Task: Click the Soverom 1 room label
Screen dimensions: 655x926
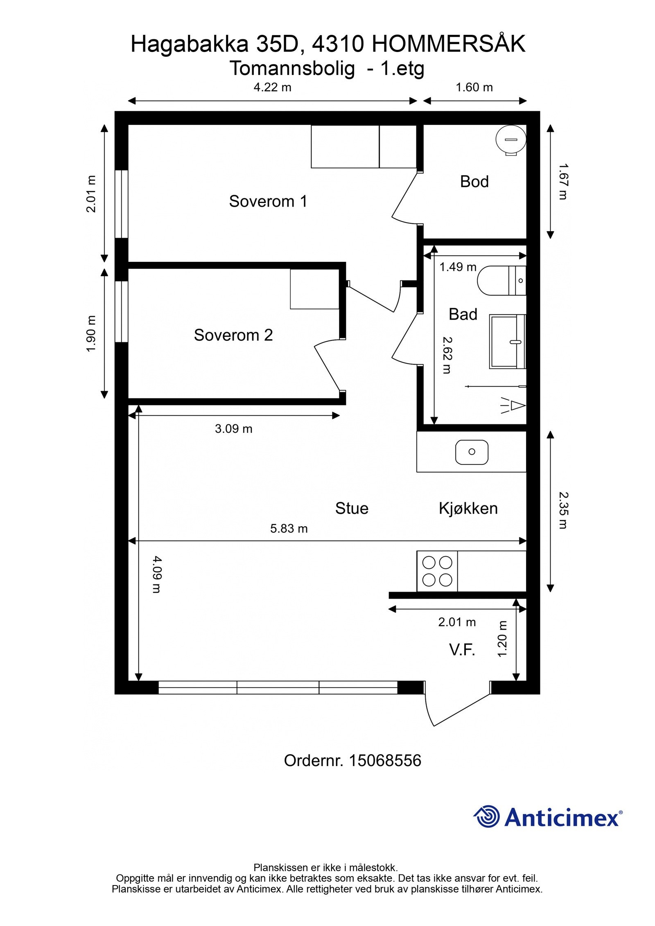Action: click(x=268, y=201)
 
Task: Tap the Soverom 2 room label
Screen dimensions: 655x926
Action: click(x=233, y=335)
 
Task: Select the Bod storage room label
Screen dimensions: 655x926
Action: click(x=474, y=182)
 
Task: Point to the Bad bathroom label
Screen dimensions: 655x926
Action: click(x=463, y=314)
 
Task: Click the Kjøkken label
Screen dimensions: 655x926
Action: click(x=468, y=509)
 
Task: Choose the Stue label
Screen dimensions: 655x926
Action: click(x=352, y=509)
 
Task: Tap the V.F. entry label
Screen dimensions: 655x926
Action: click(x=462, y=649)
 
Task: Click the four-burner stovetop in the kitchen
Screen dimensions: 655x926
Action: click(x=437, y=571)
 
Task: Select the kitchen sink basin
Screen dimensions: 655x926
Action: click(x=472, y=452)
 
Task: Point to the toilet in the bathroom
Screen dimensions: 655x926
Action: click(x=501, y=281)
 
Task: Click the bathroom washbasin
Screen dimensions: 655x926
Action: click(x=507, y=341)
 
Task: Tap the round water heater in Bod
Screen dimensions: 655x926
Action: click(x=510, y=140)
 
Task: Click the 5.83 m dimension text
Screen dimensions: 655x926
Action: click(x=289, y=529)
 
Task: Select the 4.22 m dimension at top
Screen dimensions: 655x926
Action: click(x=272, y=87)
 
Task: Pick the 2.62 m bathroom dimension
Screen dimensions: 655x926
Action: click(x=447, y=355)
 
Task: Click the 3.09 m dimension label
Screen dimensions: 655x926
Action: click(x=233, y=429)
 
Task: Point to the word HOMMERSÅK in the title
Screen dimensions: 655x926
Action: click(x=449, y=44)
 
